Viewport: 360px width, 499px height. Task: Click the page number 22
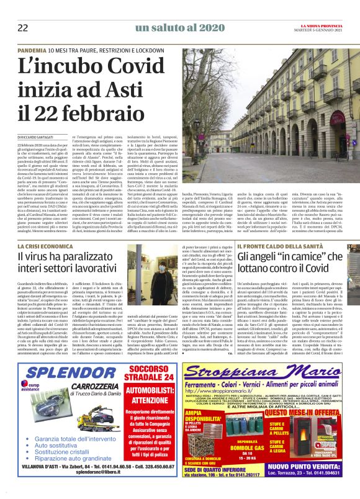coord(23,28)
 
